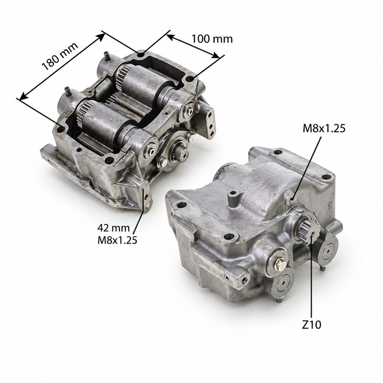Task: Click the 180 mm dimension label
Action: (x=60, y=56)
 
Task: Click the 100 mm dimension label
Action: (x=212, y=39)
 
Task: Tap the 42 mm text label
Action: (x=113, y=228)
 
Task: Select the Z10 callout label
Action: (x=312, y=325)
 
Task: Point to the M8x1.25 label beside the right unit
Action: (x=324, y=128)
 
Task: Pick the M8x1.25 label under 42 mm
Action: (x=117, y=240)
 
